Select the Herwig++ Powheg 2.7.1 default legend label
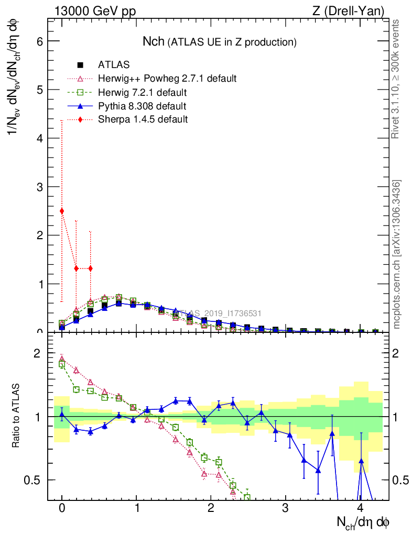(167, 79)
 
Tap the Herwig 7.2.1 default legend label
(142, 93)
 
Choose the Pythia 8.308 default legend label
(142, 106)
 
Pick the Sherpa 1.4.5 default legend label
(143, 120)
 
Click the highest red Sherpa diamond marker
(62, 211)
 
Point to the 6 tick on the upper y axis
(38, 41)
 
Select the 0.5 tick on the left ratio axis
(33, 480)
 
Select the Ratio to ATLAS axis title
(16, 416)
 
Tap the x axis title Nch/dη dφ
(363, 522)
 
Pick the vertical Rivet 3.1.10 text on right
(396, 79)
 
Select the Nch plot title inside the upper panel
(220, 41)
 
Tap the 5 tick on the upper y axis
(38, 90)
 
